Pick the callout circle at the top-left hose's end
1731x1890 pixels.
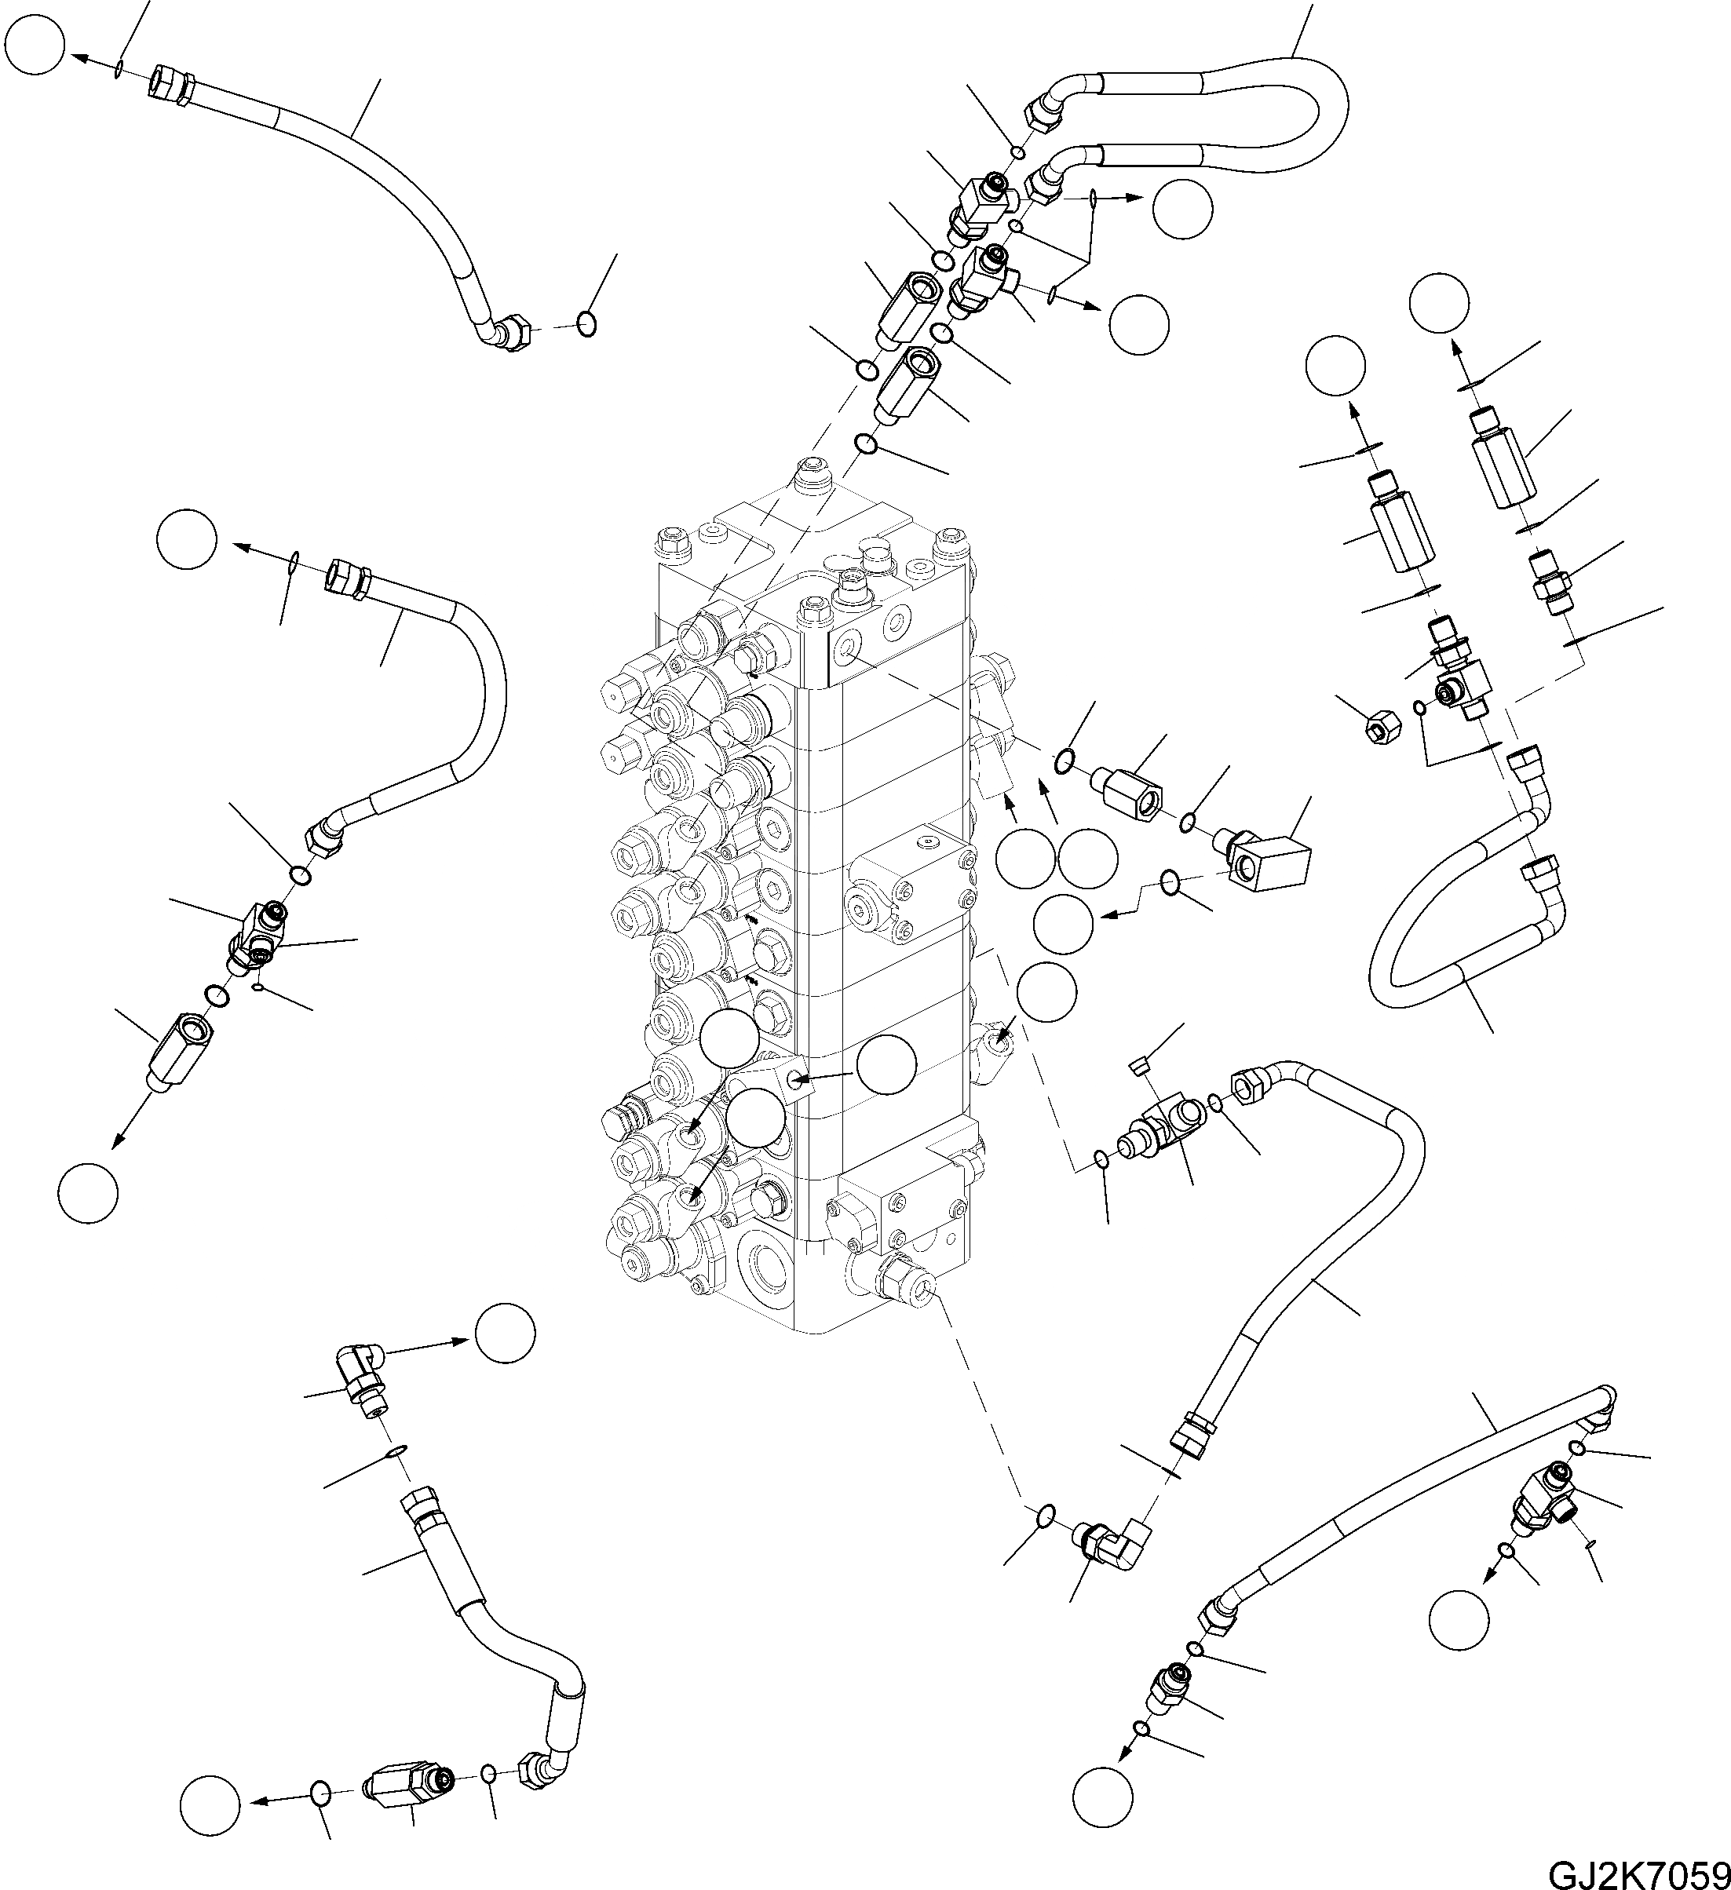(x=35, y=45)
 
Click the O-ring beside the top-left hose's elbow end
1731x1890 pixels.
(x=586, y=323)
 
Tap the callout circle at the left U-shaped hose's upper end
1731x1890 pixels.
(x=188, y=539)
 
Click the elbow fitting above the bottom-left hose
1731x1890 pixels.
(x=362, y=1370)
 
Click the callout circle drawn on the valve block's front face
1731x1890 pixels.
(x=886, y=1066)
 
